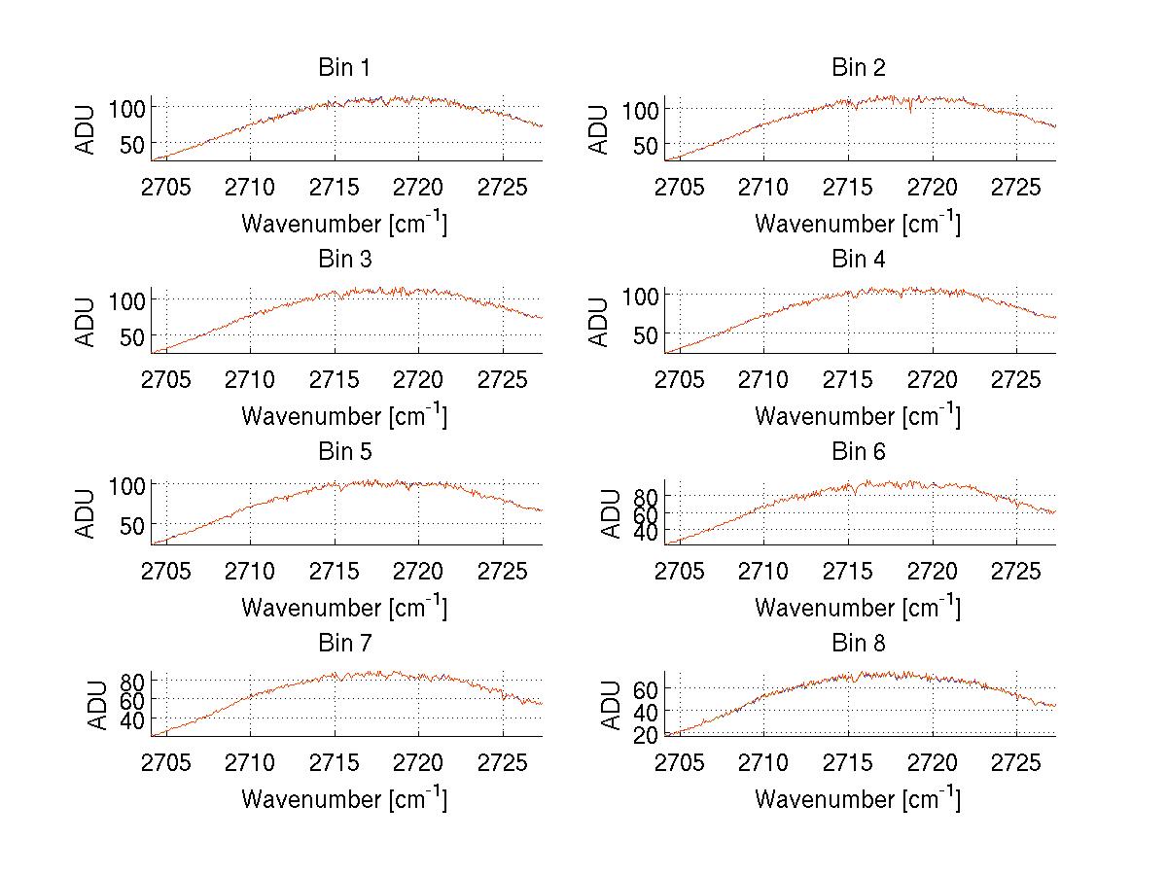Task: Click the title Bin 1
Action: click(343, 67)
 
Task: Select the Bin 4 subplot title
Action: click(858, 260)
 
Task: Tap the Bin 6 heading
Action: click(858, 451)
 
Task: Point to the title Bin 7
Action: click(343, 643)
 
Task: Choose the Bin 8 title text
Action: click(858, 643)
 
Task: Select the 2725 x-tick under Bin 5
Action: click(502, 570)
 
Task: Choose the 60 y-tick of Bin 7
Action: click(137, 700)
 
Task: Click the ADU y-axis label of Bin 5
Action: click(87, 513)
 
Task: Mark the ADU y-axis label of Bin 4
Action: click(600, 322)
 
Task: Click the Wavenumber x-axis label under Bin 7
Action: click(343, 798)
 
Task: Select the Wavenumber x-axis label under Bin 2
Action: click(858, 223)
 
